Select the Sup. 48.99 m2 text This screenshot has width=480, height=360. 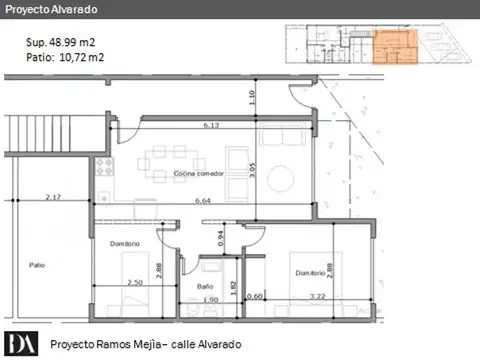pos(60,43)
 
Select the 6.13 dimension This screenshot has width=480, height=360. pos(211,126)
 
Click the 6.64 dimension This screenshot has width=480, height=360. pos(210,201)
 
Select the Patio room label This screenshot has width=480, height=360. pos(38,266)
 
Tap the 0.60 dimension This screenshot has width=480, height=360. pos(255,298)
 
